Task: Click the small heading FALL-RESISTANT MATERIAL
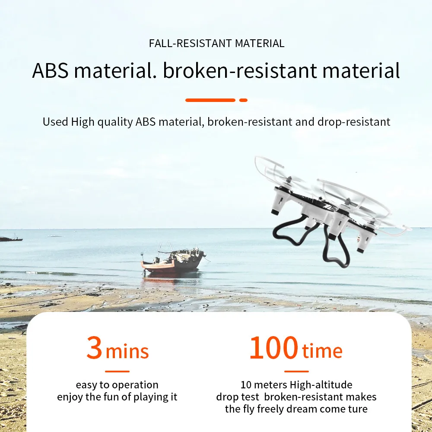216,44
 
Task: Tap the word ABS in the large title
50,70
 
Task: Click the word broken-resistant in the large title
241,70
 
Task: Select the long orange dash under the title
210,100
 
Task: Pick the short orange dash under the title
243,100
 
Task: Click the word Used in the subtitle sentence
55,122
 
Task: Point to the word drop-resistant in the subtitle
354,122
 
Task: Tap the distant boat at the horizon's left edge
10,238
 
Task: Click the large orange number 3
94,348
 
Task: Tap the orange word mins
127,352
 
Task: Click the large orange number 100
273,348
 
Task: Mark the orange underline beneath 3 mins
117,371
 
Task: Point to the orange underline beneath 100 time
296,371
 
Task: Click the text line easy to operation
117,384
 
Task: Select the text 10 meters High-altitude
296,384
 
